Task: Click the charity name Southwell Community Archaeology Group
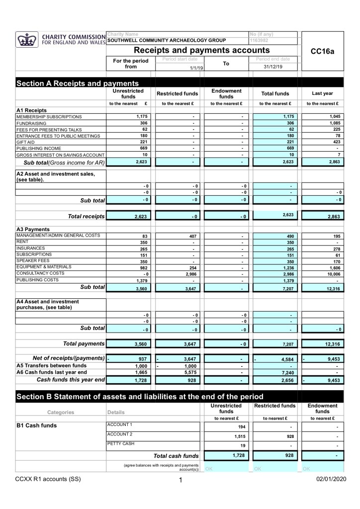pos(167,40)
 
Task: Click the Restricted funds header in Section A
pos(178,93)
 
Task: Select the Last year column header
pos(322,93)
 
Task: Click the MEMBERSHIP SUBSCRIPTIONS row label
pos(49,116)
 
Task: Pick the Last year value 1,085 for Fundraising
pos(331,123)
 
